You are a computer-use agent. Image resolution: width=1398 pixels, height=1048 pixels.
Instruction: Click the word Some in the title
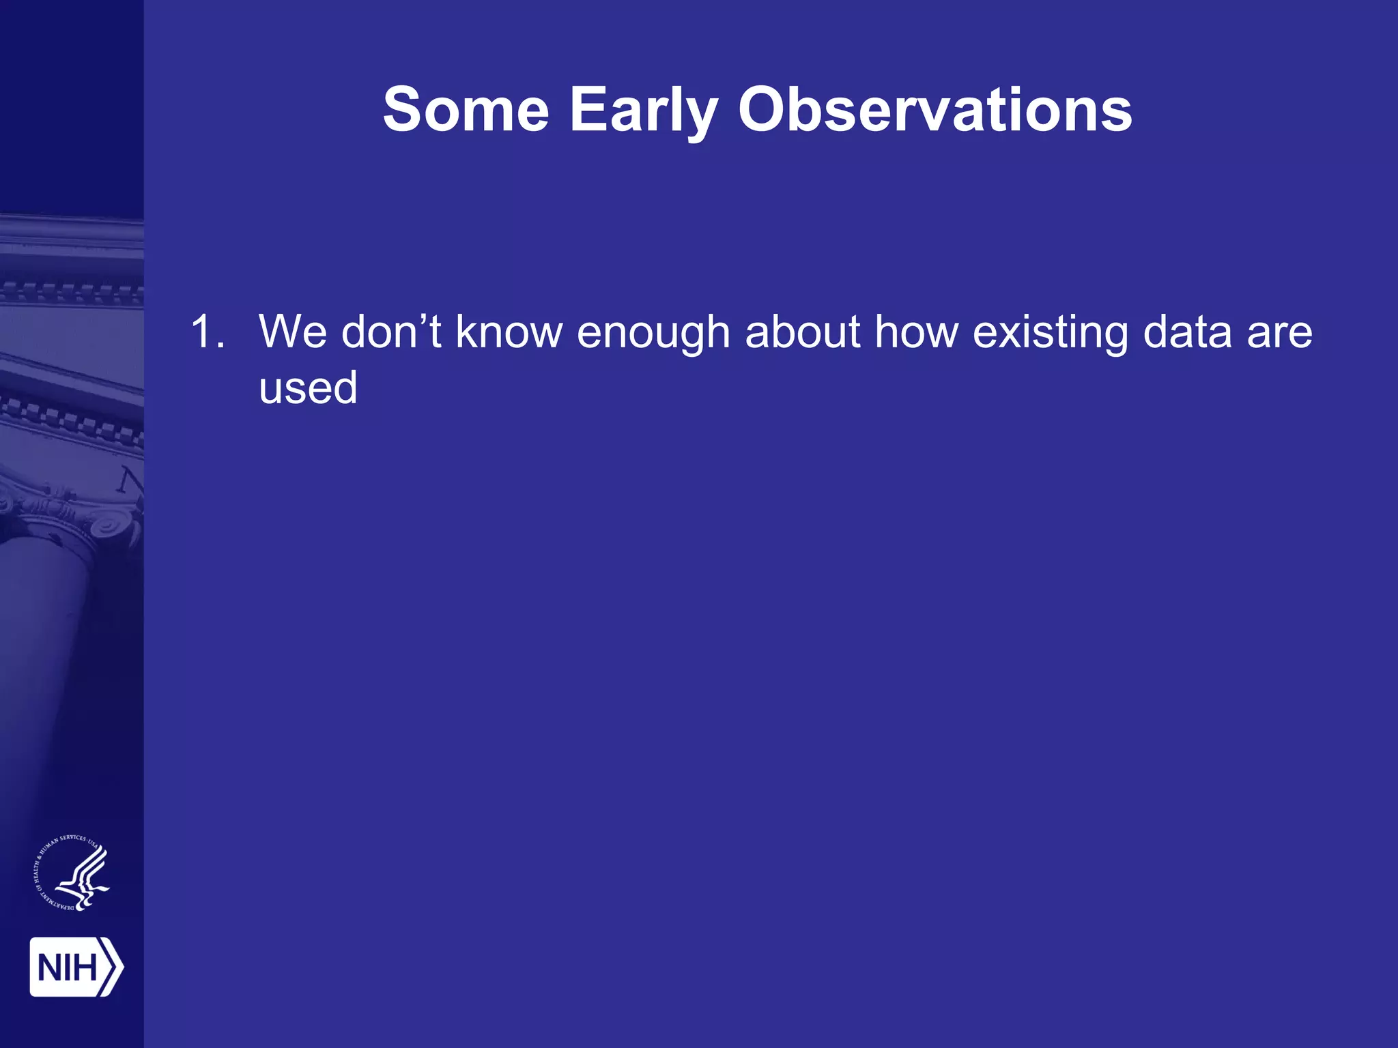[466, 110]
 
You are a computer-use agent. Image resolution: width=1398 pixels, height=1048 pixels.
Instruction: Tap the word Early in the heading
[643, 110]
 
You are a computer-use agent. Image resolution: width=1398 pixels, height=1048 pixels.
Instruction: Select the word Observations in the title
[935, 110]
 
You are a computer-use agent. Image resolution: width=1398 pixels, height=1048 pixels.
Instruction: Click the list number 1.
[206, 332]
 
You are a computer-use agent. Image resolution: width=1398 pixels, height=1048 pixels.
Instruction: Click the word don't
[391, 332]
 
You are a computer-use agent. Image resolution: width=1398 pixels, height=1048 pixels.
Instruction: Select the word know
[509, 332]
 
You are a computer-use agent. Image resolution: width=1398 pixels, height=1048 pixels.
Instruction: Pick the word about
[803, 332]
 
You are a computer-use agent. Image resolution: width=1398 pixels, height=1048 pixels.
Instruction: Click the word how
[916, 332]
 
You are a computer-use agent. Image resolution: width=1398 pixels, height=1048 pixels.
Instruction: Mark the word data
[1187, 332]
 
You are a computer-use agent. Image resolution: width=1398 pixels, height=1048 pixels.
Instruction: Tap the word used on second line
[308, 388]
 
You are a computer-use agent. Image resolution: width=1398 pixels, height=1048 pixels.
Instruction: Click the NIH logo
[75, 967]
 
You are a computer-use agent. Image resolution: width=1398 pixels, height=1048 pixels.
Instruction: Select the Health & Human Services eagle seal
[72, 874]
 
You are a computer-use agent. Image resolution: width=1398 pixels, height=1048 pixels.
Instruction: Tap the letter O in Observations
[763, 110]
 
